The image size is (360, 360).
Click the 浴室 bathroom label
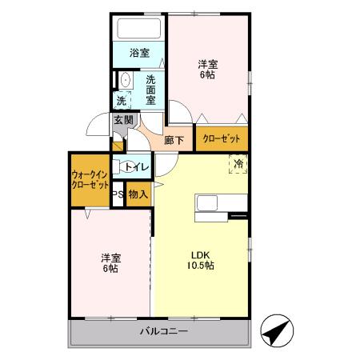139,54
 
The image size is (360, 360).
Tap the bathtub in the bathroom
139,29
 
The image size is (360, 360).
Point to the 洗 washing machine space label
122,101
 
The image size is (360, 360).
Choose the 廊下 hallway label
174,139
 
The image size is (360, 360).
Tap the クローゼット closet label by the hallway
222,139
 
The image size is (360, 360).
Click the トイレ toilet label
136,167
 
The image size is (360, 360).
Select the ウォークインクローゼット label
90,179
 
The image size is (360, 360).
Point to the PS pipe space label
117,194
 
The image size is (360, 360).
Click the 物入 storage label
138,194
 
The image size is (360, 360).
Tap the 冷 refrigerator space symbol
238,164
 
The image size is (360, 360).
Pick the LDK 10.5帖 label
200,260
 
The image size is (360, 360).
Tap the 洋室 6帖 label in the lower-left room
110,262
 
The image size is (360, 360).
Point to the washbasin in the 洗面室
126,81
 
